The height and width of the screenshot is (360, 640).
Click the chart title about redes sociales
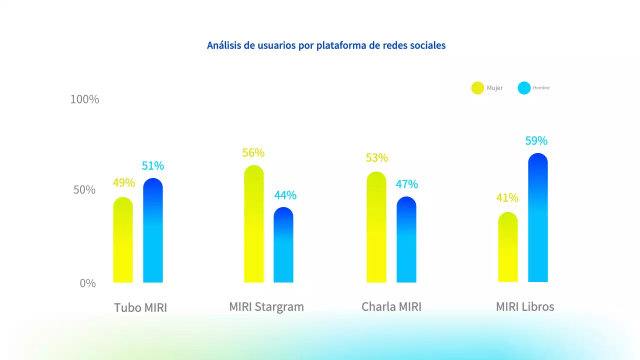[326, 45]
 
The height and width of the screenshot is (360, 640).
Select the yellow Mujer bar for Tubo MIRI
[123, 240]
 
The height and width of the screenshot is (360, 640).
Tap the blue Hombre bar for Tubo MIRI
[153, 230]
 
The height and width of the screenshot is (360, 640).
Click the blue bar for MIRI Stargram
[283, 245]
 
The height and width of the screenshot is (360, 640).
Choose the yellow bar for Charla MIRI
[376, 227]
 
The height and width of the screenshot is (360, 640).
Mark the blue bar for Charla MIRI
[406, 239]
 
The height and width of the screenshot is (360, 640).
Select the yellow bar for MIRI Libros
[508, 247]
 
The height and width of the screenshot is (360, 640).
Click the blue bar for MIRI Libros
[538, 218]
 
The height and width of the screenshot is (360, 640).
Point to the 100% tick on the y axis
[84, 99]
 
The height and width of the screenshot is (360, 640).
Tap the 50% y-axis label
[84, 190]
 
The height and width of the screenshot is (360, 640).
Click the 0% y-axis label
[87, 283]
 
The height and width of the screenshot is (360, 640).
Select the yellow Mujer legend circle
[477, 88]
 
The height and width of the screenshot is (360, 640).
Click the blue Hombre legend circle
[524, 88]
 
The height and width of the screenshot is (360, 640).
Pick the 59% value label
[536, 141]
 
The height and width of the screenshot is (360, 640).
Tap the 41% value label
[507, 198]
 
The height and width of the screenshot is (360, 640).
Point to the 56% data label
[253, 153]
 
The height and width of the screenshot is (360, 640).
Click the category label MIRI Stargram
[266, 306]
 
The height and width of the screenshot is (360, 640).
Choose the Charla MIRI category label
[391, 306]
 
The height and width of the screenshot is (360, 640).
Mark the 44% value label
[285, 195]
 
